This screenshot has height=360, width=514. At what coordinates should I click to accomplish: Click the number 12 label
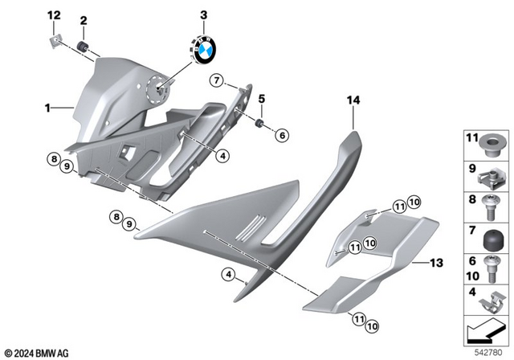pos(54,16)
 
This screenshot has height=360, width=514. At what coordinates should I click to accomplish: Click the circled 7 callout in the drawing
pos(216,80)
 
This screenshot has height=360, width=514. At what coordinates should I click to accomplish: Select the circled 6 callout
pos(282,136)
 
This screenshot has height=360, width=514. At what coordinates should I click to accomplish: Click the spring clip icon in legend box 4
pos(492,302)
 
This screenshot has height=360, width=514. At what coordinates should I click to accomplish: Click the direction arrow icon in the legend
pos(487,329)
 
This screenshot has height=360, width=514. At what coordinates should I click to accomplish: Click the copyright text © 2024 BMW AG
pos(37,353)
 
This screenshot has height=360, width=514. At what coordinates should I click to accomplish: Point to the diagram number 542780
pos(491,352)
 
